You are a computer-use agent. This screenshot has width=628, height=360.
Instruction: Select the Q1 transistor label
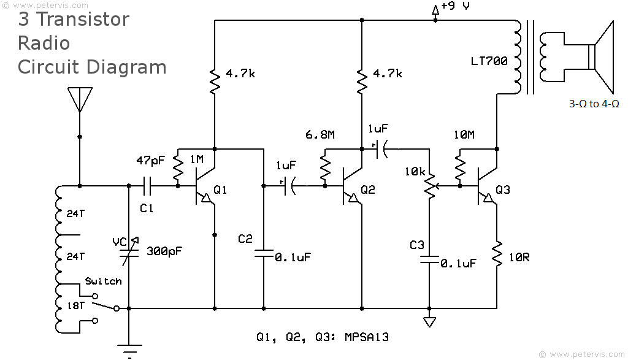click(x=220, y=190)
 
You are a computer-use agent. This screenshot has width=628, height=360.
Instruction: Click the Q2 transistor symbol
click(x=352, y=186)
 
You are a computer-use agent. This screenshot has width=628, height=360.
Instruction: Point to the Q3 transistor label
click(x=503, y=190)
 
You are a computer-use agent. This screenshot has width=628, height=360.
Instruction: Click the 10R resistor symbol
click(x=497, y=253)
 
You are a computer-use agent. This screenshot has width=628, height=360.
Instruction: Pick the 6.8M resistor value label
click(x=320, y=134)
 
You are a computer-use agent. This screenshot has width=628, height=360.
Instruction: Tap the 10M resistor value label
click(x=464, y=134)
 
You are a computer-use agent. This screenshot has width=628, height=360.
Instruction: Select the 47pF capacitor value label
click(x=151, y=161)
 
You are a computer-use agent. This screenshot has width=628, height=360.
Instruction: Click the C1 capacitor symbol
click(x=147, y=186)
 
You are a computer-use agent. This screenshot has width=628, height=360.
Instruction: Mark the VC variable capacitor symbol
click(x=129, y=252)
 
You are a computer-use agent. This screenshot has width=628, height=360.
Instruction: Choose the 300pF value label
click(x=164, y=251)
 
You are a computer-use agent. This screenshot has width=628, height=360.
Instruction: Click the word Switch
click(x=103, y=281)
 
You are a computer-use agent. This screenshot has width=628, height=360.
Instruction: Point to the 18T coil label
click(x=75, y=305)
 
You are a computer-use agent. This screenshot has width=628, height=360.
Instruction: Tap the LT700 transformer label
click(x=489, y=61)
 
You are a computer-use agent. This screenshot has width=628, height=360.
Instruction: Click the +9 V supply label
click(x=456, y=6)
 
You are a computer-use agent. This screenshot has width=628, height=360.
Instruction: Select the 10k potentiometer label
click(x=415, y=171)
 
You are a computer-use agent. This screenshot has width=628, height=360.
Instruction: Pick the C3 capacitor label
click(x=417, y=245)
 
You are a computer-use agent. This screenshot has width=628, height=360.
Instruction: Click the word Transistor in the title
click(x=83, y=19)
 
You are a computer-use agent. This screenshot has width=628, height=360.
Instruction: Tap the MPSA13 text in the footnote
click(x=367, y=337)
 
